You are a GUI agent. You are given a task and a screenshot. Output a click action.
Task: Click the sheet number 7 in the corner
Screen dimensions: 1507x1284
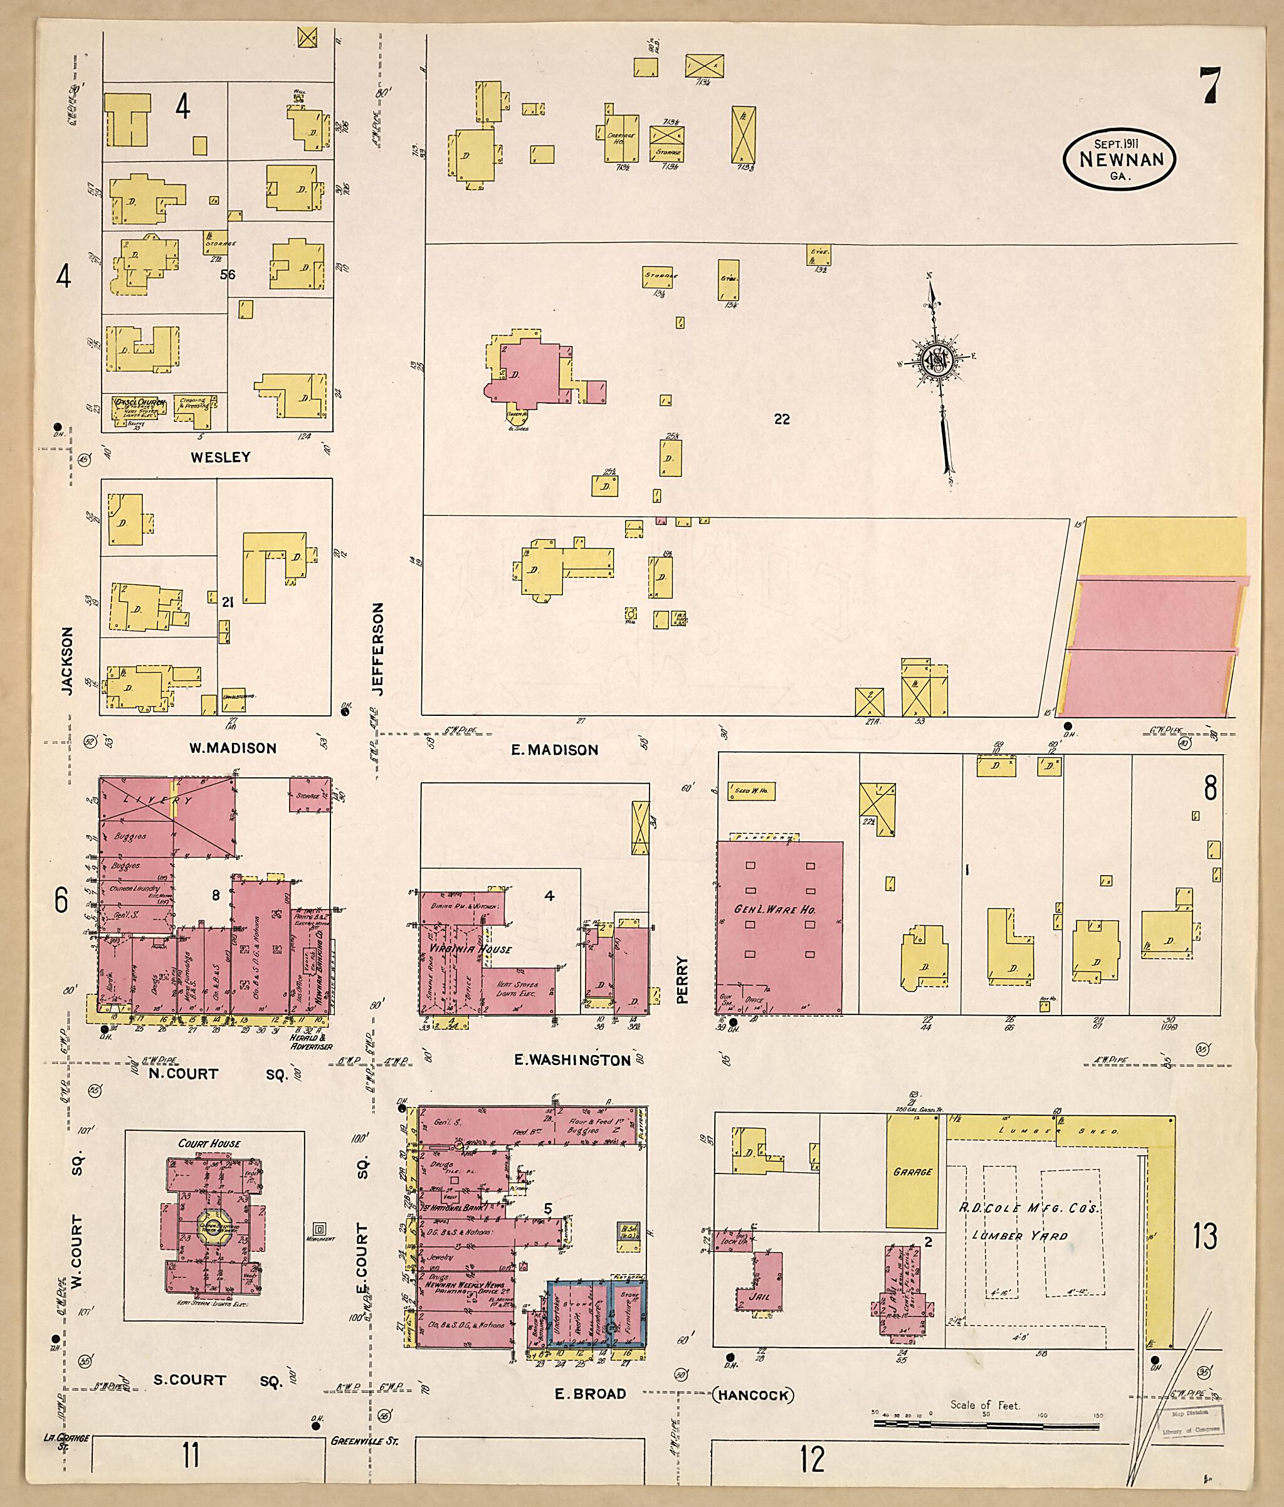tap(1211, 87)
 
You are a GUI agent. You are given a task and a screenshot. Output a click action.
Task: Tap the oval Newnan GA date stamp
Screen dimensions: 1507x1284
tap(1120, 159)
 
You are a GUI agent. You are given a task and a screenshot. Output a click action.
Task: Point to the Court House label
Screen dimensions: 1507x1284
tap(209, 1143)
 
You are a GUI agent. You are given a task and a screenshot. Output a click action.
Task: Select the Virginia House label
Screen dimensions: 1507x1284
tap(470, 949)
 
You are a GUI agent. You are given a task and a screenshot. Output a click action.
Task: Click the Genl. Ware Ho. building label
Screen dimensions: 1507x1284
tap(776, 909)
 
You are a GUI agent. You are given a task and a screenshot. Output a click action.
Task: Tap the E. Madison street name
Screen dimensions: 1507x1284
tap(554, 750)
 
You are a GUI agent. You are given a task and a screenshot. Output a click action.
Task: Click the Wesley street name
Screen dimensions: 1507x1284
tap(221, 457)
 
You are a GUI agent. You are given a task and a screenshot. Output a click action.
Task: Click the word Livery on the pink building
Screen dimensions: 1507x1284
tap(149, 800)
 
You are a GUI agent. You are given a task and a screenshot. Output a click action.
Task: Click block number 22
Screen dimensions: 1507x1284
tap(782, 419)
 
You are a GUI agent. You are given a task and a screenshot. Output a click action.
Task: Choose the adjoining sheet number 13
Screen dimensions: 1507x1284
tap(1206, 1236)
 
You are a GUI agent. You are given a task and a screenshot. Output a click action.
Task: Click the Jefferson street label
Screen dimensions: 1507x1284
tap(377, 649)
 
